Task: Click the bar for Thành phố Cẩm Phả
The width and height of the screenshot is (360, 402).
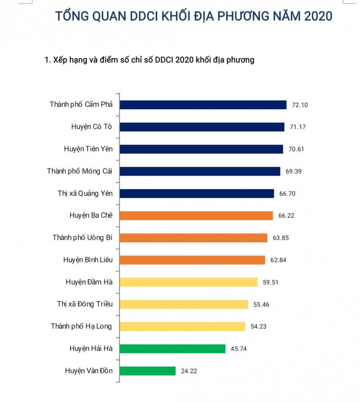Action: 203,105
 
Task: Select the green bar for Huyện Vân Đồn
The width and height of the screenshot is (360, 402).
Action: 148,371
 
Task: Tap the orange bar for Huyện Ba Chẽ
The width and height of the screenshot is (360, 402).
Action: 196,216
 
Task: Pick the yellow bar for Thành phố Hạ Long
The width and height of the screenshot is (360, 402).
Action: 182,326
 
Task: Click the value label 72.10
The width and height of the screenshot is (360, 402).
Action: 300,105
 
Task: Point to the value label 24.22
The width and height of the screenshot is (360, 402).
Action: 189,371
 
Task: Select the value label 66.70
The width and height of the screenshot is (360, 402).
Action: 287,194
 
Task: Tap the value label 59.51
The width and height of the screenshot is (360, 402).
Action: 271,282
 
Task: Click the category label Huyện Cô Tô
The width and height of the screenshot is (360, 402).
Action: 92,127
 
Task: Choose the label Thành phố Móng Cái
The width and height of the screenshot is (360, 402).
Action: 80,171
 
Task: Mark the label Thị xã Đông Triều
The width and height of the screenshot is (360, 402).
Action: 85,304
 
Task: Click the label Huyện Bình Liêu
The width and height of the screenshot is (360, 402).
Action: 88,260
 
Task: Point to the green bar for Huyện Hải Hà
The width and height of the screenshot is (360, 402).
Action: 172,349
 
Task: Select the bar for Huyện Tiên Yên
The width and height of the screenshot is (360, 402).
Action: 201,149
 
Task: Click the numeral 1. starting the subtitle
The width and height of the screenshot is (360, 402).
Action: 47,60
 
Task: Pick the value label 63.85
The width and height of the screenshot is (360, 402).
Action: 281,238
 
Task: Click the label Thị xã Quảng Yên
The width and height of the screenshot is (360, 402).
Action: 85,193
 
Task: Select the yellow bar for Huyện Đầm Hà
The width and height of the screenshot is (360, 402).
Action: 188,282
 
